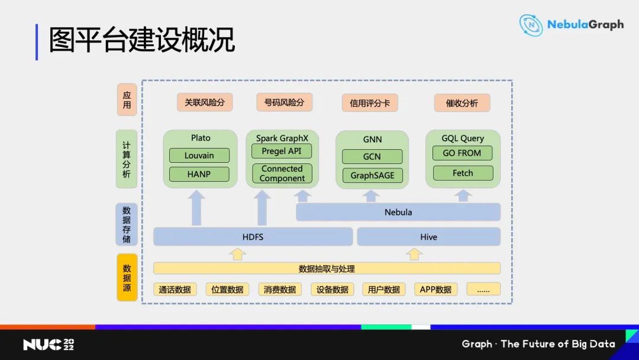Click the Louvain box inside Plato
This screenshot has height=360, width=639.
pos(199,156)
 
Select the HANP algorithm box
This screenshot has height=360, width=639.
pos(199,174)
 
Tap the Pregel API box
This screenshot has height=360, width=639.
pos(282,151)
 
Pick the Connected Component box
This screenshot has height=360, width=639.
pos(282,173)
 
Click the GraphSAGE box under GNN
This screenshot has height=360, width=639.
pos(372,176)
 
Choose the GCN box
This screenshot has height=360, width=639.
pos(372,157)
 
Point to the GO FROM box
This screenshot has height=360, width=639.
pos(462,153)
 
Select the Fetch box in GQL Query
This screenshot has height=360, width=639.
pos(462,173)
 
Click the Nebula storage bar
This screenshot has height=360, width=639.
pos(398,212)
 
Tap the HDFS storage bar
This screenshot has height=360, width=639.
pos(253,237)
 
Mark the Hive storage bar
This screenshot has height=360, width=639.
pos(428,237)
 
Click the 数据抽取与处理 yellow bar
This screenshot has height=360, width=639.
pos(327,268)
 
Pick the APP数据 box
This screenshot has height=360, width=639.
pos(435,290)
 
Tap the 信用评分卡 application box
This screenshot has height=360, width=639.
pos(370,103)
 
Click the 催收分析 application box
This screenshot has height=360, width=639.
pos(461,103)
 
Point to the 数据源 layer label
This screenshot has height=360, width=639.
pos(127,278)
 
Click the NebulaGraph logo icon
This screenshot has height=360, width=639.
pos(531,25)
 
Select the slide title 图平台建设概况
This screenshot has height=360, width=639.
pos(142,40)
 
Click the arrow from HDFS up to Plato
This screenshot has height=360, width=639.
pos(198,208)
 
